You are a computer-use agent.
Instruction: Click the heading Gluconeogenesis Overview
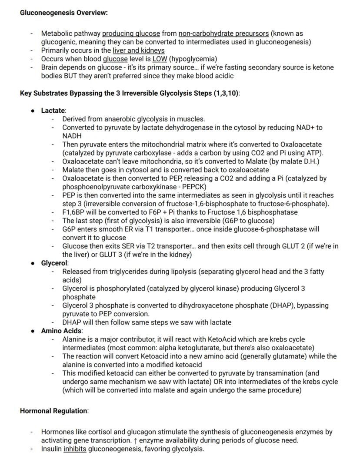point(63,12)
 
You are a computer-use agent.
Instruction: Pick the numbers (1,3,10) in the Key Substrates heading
point(226,93)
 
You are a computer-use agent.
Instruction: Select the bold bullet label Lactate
point(53,111)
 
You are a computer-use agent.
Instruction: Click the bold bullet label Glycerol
point(54,263)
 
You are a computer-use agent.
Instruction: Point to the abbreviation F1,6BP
point(73,212)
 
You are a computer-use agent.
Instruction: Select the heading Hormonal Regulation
point(53,411)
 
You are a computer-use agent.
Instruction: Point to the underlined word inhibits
point(75,449)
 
